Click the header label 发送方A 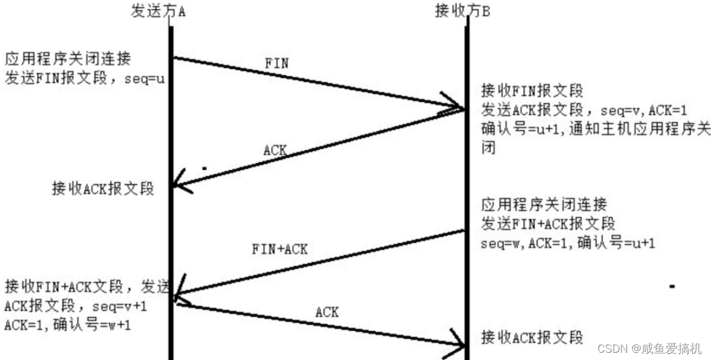[158, 12]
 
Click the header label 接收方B [463, 12]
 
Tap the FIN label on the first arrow [277, 63]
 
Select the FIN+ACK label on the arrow [280, 249]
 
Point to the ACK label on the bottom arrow [327, 313]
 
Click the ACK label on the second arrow [275, 150]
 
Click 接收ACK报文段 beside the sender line [103, 189]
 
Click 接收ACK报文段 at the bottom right [532, 337]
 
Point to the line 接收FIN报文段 [532, 91]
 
